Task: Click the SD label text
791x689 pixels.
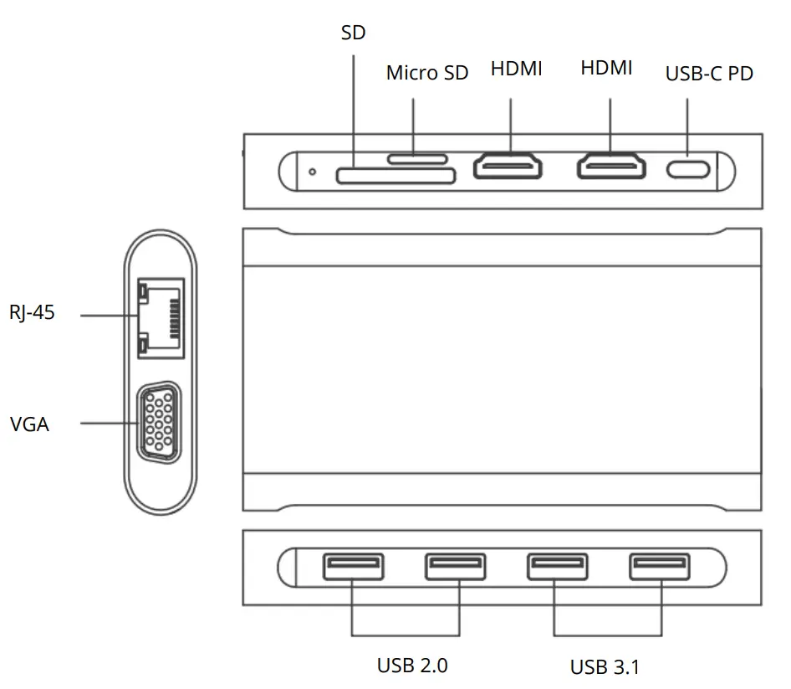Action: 353,33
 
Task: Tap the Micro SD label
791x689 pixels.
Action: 426,73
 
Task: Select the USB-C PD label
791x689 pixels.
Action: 709,73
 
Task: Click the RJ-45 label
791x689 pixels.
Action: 32,315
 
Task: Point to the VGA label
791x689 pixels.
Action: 29,424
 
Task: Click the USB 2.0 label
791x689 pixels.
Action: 411,666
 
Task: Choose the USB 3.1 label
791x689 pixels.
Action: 605,667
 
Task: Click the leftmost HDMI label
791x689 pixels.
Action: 516,69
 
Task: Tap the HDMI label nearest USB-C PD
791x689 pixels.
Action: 606,68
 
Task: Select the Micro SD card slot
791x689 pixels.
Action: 417,157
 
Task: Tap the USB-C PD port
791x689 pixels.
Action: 688,169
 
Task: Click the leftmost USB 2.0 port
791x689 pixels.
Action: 352,567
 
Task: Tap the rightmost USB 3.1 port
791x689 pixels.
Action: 660,567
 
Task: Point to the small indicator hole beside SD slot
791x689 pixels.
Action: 313,172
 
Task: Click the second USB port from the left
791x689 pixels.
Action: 455,567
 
